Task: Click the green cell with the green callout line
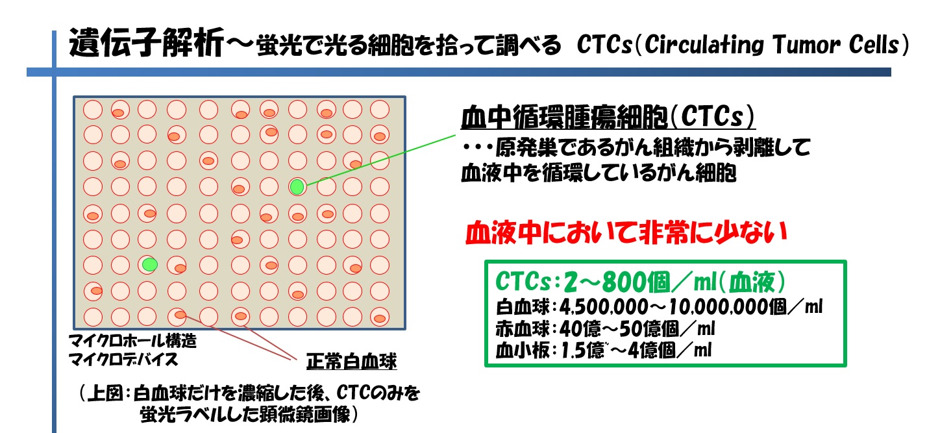point(297,187)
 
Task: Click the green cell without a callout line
point(150,264)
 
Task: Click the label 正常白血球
point(351,362)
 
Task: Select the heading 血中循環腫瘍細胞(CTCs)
point(608,117)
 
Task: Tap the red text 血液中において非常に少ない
point(626,233)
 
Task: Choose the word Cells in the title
point(874,45)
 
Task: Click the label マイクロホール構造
point(132,341)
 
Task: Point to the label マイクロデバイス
point(123,359)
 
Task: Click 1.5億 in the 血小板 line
point(582,351)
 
